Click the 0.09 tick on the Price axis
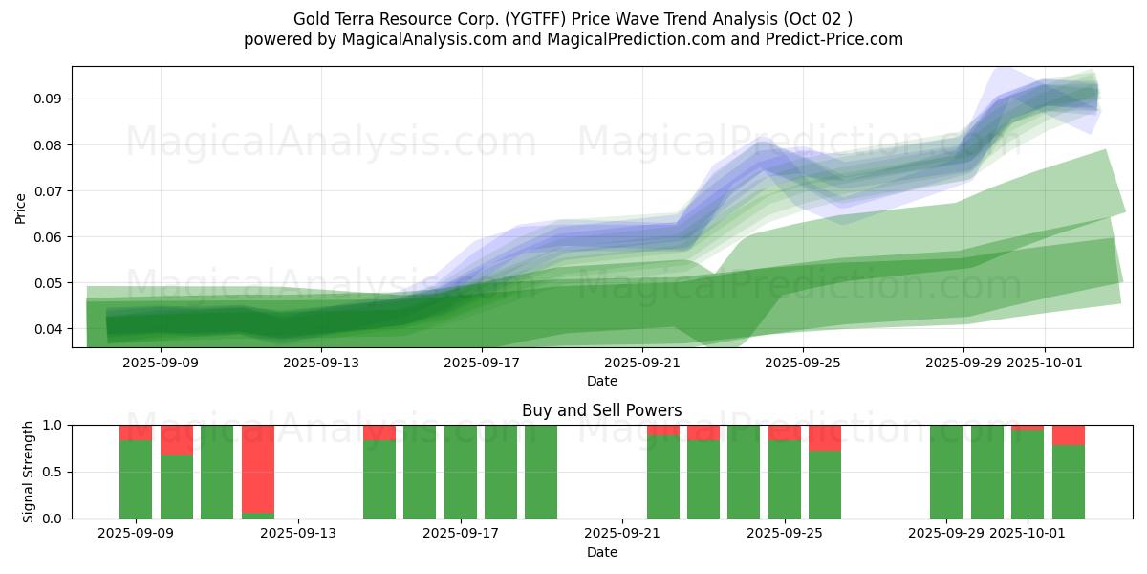[50, 99]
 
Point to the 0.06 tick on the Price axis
[50, 237]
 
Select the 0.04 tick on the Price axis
[50, 329]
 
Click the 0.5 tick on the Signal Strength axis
[54, 472]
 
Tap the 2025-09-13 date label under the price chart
[321, 363]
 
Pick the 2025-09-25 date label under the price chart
[803, 363]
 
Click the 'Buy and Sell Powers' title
[601, 410]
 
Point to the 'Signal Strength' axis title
[29, 472]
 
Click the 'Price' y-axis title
[21, 207]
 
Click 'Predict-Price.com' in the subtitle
[829, 39]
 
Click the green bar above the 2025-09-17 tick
[461, 472]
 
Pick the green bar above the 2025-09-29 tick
[946, 472]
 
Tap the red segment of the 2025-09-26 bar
[825, 437]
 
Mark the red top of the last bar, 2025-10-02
[1069, 434]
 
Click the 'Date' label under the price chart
[601, 381]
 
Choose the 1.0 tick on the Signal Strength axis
[54, 425]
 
